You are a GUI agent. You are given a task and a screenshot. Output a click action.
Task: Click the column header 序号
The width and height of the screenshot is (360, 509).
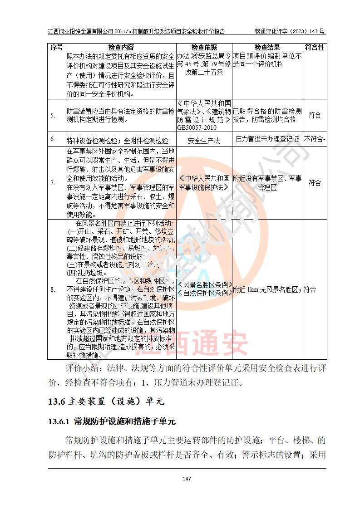coord(57,47)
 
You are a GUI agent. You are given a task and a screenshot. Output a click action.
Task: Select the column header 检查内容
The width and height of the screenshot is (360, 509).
coord(121,47)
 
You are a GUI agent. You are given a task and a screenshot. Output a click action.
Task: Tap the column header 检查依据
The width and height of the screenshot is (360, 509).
coord(204,47)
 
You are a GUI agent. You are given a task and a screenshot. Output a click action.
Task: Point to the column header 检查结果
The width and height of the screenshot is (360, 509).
coord(267,47)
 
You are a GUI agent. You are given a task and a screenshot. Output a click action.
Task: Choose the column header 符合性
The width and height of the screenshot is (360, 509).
coord(314,47)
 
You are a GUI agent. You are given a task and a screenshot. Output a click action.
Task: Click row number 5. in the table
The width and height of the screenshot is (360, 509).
coord(53,115)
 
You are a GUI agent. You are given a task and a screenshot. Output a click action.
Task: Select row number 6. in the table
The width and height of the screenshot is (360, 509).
coord(53,139)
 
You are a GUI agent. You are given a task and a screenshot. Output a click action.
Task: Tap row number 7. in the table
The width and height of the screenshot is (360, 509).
coord(53,183)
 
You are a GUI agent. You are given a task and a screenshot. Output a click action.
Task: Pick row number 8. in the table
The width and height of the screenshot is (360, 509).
coord(53,289)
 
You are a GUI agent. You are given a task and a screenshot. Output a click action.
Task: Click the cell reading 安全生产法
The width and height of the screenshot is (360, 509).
coord(204,140)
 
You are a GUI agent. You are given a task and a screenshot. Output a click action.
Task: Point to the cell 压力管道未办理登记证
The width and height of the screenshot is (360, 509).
coord(267,139)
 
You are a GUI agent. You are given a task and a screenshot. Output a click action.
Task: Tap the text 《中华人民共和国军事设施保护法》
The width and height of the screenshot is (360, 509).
coord(204,182)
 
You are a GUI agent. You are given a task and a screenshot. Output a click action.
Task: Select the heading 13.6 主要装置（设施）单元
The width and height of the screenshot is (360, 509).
coord(105,401)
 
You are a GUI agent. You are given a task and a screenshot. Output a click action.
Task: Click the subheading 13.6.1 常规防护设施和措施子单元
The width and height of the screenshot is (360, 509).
coord(112,421)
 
